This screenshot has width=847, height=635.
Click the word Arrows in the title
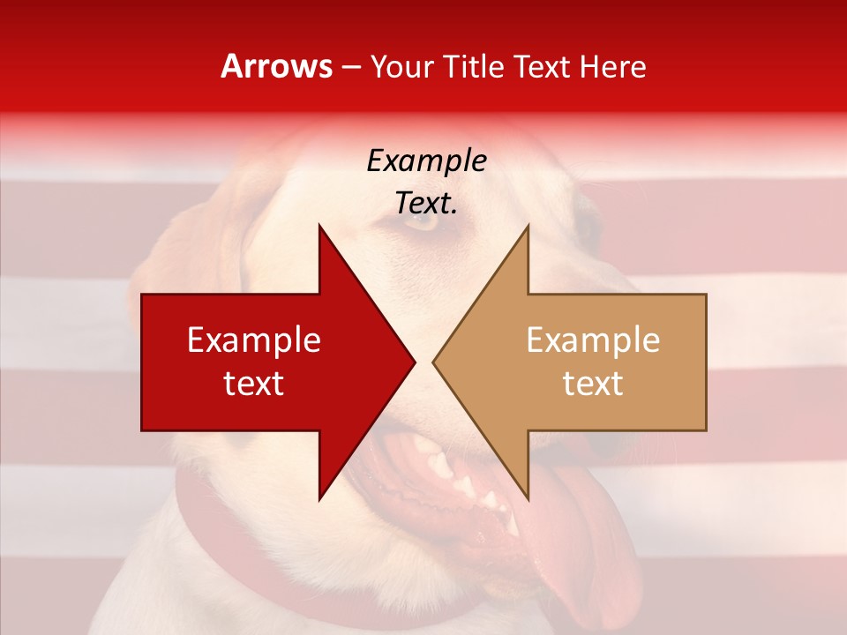click(277, 67)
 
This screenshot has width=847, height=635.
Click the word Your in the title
click(401, 67)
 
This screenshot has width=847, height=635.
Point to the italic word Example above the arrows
click(426, 161)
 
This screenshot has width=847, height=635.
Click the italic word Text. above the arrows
click(426, 204)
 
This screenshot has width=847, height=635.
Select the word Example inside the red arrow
click(254, 340)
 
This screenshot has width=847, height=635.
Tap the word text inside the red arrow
click(254, 384)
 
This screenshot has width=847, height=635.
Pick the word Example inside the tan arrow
click(593, 340)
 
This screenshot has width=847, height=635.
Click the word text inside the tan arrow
click(593, 384)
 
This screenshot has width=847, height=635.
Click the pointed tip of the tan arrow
click(434, 362)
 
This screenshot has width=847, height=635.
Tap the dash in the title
click(350, 67)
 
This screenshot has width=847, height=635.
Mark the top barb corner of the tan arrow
click(528, 226)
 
